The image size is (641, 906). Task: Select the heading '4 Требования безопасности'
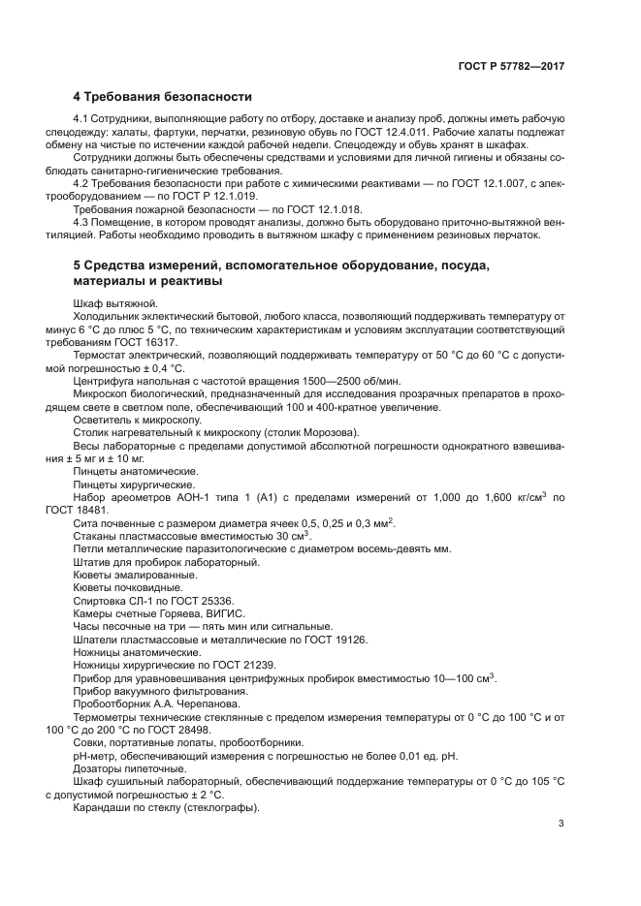point(163,97)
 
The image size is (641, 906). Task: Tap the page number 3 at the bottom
point(561,825)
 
